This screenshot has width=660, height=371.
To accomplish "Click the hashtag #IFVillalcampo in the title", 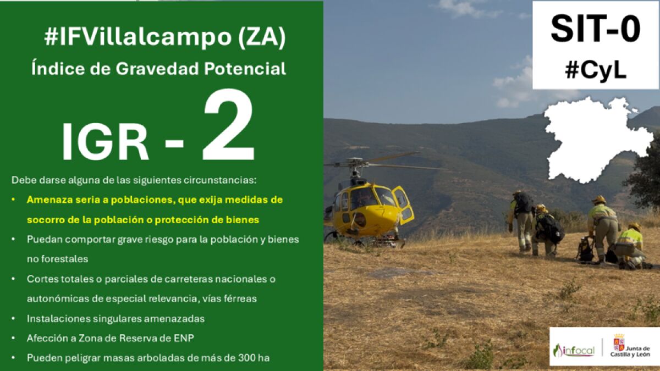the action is (x=137, y=37).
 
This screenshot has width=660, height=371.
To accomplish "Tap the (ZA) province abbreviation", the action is (x=262, y=37).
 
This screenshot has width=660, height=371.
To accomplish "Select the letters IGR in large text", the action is (x=105, y=142).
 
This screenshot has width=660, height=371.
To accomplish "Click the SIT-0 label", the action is (x=596, y=29).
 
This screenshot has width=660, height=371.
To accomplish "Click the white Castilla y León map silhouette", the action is (x=598, y=139).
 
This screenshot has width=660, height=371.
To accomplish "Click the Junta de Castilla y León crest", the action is (x=619, y=342).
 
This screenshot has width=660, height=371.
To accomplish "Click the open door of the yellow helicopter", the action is (x=403, y=204).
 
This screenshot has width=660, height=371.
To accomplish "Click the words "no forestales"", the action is (x=57, y=259).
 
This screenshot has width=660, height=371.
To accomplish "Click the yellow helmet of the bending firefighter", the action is (x=599, y=200).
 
